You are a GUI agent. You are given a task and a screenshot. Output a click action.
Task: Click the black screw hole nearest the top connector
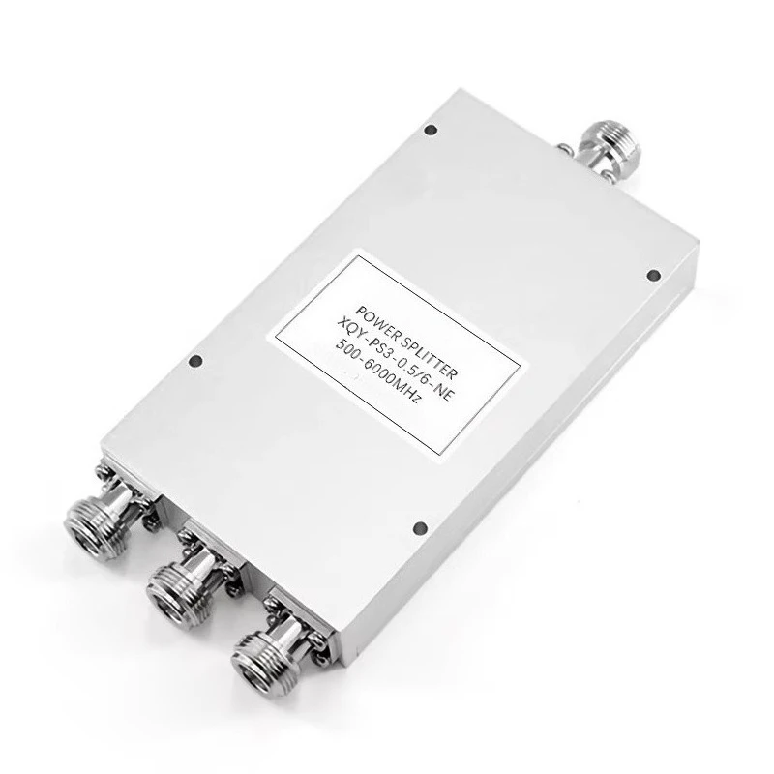(431, 131)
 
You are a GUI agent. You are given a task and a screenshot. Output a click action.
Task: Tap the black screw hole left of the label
(196, 361)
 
